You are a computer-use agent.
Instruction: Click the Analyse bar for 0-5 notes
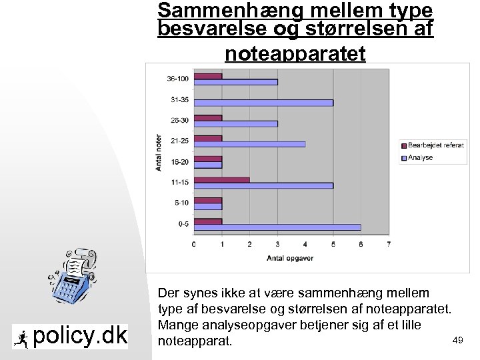tap(277, 227)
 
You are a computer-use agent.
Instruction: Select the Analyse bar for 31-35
tap(263, 103)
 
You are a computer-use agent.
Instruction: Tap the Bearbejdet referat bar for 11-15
tap(221, 179)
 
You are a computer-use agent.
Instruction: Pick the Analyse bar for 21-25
tap(249, 144)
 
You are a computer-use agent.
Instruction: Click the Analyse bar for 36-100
tap(235, 82)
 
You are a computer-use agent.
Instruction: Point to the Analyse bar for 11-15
tap(263, 186)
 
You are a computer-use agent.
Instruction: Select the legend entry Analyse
tap(420, 158)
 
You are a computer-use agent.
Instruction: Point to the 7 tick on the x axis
tap(389, 244)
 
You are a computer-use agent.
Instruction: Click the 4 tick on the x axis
tap(305, 244)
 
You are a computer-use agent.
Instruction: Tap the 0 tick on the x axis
tap(194, 244)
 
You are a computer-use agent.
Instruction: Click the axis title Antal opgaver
tap(290, 258)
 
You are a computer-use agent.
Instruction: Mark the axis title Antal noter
tap(159, 152)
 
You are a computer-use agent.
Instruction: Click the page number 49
tap(457, 341)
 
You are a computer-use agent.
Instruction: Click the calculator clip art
tap(72, 278)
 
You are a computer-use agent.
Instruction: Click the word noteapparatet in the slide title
tap(295, 53)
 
